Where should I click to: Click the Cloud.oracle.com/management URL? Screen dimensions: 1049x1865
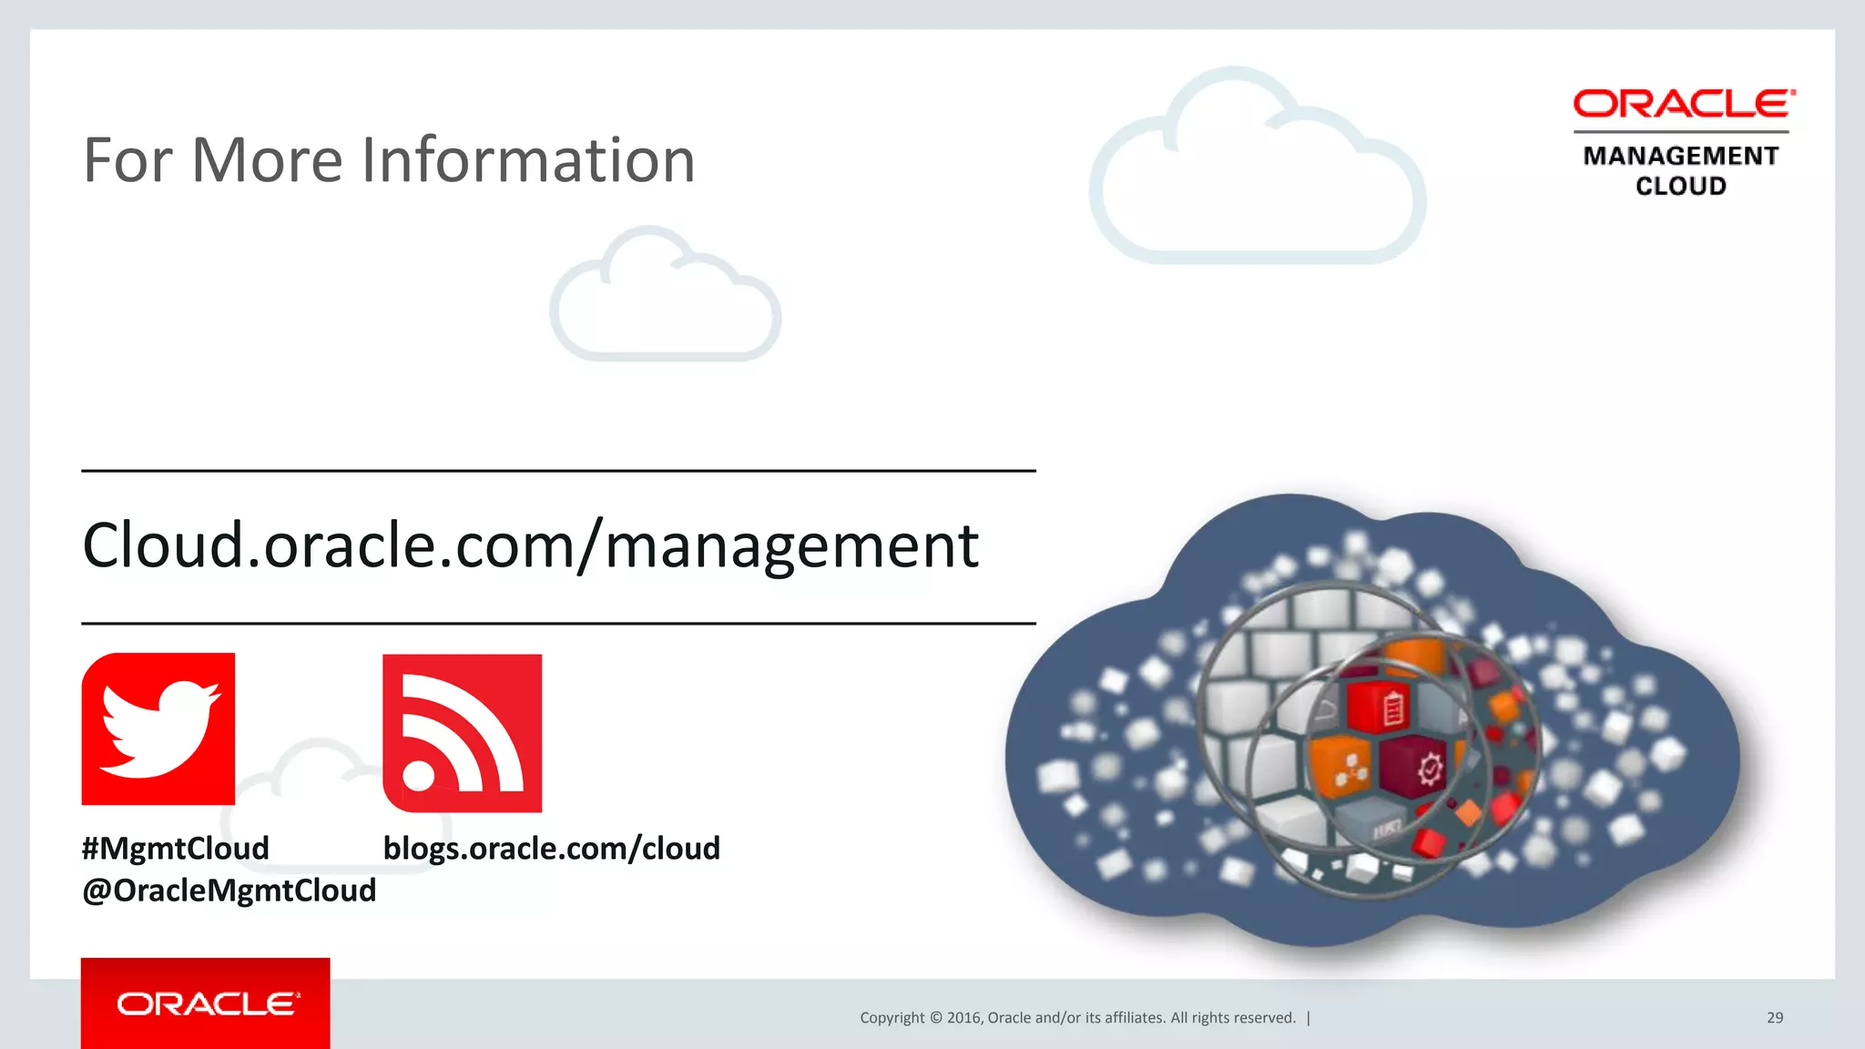coord(530,545)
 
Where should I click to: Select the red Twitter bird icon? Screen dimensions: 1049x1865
coord(158,728)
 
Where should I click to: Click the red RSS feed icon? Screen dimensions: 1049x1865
coord(462,733)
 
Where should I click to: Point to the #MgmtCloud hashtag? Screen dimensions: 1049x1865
coord(175,848)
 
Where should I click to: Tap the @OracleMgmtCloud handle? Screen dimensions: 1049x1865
coord(229,890)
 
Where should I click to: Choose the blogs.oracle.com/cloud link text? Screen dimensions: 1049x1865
coord(551,848)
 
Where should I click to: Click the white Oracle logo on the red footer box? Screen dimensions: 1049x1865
coord(208,1003)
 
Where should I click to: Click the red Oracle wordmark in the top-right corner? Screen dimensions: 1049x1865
coord(1684,104)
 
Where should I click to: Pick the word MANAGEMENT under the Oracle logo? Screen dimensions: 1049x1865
coord(1680,156)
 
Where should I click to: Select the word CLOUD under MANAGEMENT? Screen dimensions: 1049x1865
coord(1680,186)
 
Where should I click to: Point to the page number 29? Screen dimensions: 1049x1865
coord(1775,1017)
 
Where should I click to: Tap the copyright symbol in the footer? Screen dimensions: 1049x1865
coord(935,1017)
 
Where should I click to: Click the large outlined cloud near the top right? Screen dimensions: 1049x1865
coord(1257,173)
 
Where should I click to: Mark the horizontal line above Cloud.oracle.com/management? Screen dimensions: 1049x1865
coord(558,471)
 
